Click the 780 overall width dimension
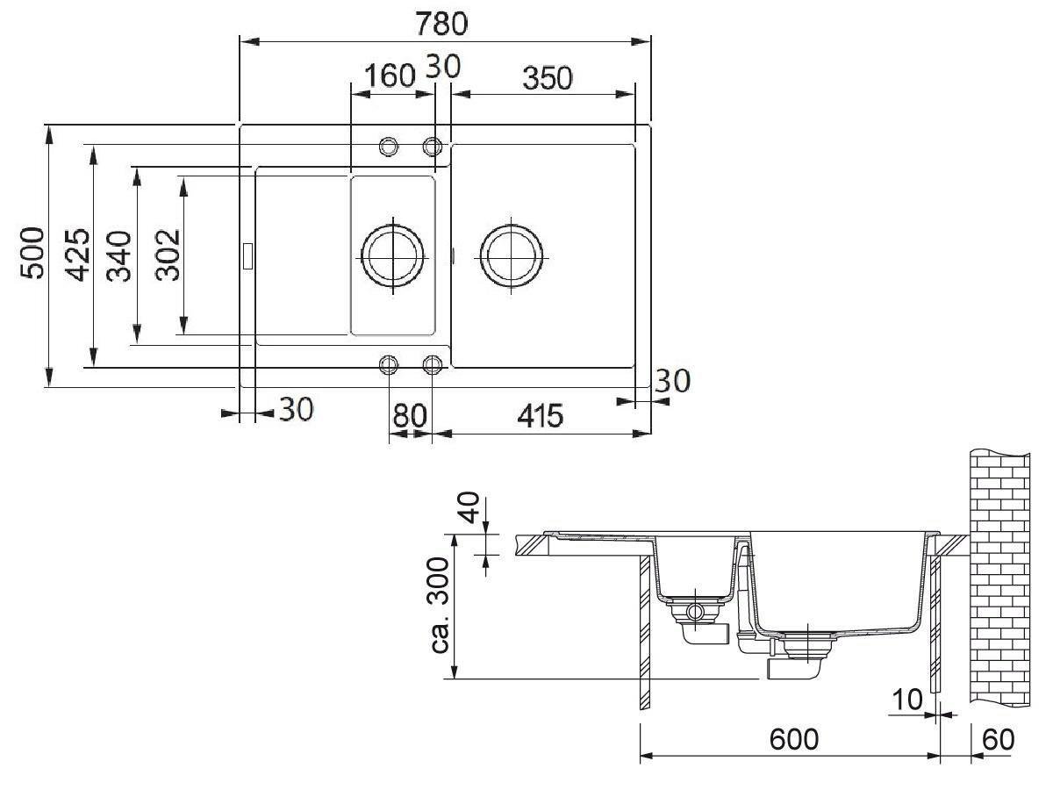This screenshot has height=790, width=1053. pyautogui.click(x=441, y=24)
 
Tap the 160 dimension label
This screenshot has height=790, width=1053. pyautogui.click(x=390, y=75)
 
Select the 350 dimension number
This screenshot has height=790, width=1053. pyautogui.click(x=548, y=78)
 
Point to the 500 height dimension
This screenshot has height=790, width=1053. pyautogui.click(x=32, y=254)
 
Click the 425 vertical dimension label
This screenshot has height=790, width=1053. pyautogui.click(x=77, y=255)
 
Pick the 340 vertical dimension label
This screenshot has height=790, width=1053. pyautogui.click(x=118, y=256)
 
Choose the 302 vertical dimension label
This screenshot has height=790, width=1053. pyautogui.click(x=168, y=255)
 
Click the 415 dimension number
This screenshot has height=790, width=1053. pyautogui.click(x=541, y=416)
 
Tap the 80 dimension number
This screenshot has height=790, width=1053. pyautogui.click(x=410, y=416)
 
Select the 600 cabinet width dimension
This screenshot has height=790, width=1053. pyautogui.click(x=794, y=739)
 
